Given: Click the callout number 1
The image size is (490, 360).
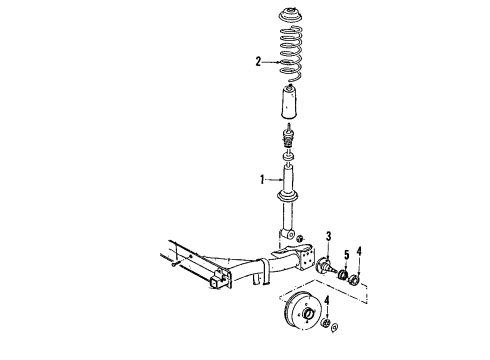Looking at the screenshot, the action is tap(262, 179).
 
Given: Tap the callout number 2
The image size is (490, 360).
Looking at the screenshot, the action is tap(258, 62).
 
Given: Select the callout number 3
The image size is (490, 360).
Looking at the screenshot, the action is tap(329, 236).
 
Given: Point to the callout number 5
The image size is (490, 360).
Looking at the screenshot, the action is tap(347, 256).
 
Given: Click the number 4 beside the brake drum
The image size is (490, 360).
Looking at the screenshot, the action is tap(327, 300).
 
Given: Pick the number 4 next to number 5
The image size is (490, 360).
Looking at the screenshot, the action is tap(359, 251).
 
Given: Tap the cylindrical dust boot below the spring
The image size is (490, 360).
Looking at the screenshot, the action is tap(289, 102).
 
